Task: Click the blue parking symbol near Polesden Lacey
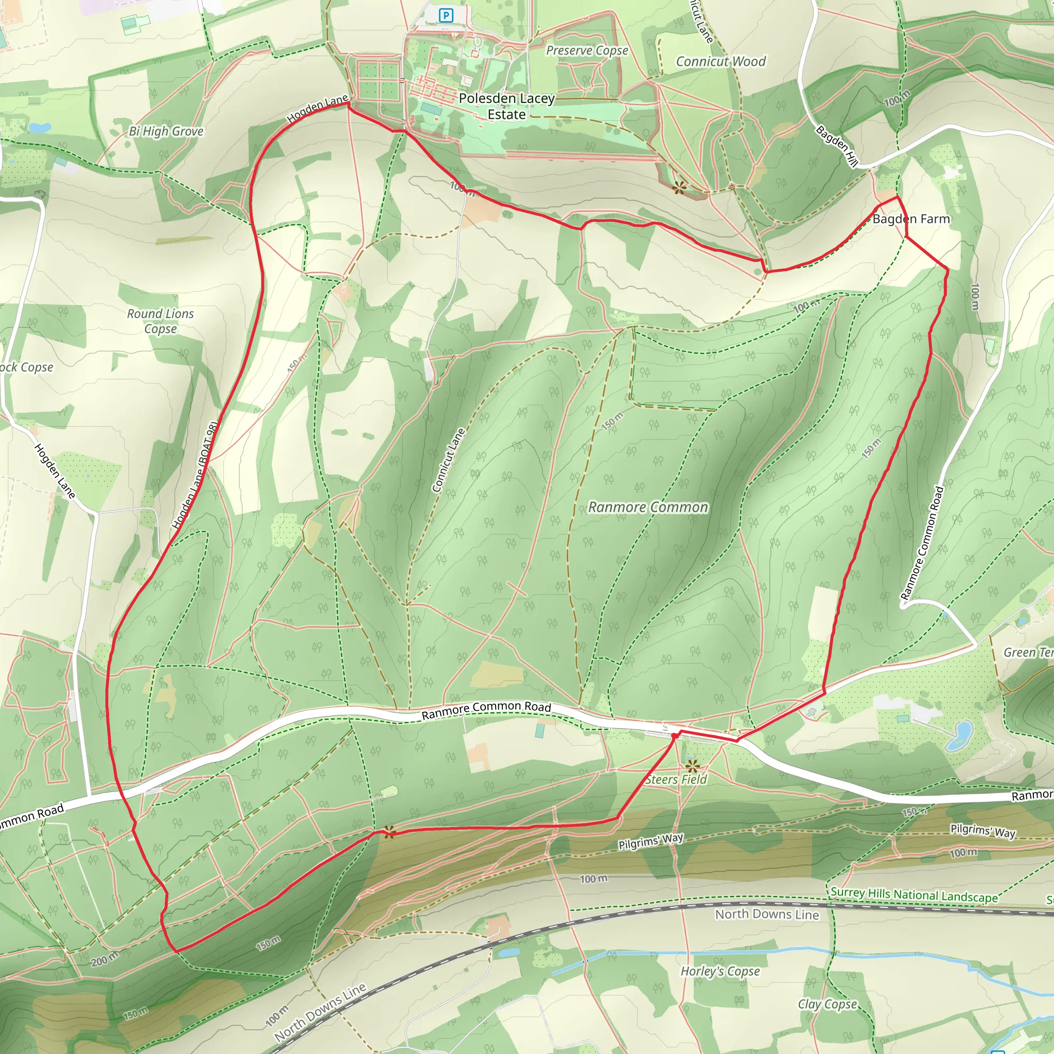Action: (446, 15)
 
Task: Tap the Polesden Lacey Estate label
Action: (506, 107)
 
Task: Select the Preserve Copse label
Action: (587, 51)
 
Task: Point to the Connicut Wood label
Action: (721, 62)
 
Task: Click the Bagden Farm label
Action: (911, 219)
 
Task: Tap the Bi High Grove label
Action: (166, 131)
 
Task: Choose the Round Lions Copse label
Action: (161, 321)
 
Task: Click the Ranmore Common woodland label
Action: (648, 507)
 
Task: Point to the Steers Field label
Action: (675, 780)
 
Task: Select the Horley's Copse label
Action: (720, 971)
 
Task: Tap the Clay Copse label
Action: (827, 1005)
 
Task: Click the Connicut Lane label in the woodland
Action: (448, 461)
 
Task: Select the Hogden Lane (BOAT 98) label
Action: (195, 475)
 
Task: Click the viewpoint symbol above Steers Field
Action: (692, 765)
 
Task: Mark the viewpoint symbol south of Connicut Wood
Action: (679, 188)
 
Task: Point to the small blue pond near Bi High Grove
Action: (40, 128)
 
